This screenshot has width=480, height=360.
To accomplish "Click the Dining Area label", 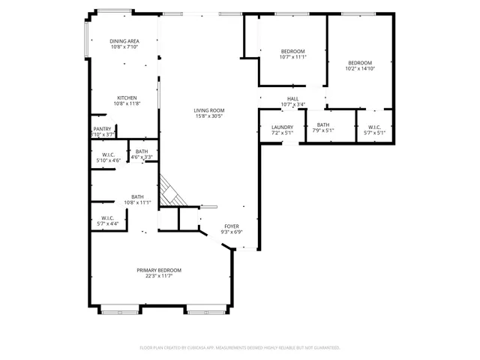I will click(x=125, y=41).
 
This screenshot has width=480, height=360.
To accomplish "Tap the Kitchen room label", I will click(x=125, y=97).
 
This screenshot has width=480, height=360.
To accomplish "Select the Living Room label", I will click(x=210, y=110).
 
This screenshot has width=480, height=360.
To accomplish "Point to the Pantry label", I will click(x=103, y=129).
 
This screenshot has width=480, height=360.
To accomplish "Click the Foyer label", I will click(x=231, y=226).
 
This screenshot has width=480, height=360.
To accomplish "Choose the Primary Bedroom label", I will click(x=159, y=270).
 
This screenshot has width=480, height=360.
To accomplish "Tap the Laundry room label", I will click(x=282, y=127).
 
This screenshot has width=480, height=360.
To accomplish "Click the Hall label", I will click(x=292, y=99).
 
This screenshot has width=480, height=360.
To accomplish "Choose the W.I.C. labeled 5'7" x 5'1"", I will click(x=374, y=129).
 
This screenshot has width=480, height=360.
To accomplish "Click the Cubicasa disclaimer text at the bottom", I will click(x=240, y=347).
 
